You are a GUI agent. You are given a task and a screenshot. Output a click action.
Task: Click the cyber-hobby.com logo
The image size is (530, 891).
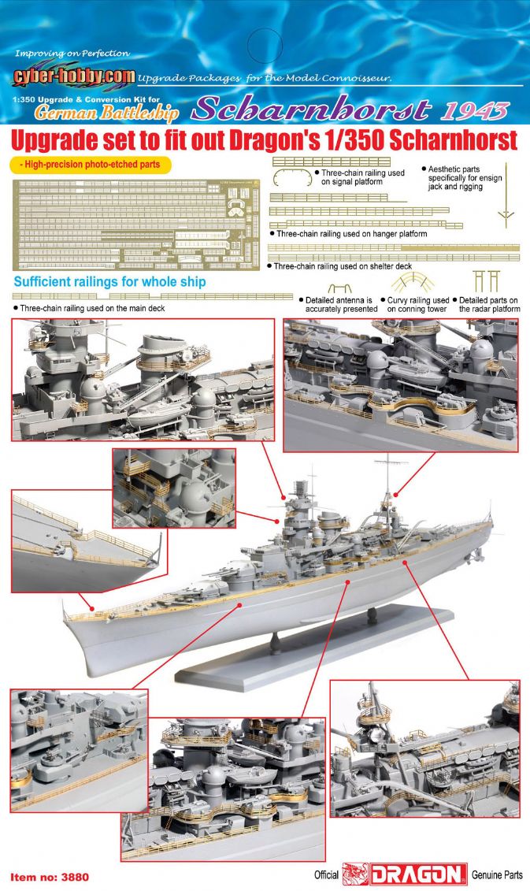click(74, 76)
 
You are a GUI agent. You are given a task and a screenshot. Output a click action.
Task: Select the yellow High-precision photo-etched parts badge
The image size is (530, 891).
click(91, 165)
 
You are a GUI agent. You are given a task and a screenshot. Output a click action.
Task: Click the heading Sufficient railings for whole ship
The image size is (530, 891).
click(109, 282)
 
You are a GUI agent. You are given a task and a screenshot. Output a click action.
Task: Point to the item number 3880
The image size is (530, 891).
click(50, 878)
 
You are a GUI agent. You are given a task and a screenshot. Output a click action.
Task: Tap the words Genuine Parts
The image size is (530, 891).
click(497, 875)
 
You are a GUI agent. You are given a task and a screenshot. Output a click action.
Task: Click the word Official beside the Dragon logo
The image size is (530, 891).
click(327, 875)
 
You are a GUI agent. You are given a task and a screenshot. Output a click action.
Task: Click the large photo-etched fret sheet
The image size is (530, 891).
click(135, 225)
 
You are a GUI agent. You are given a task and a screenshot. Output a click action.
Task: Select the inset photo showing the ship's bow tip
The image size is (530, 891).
click(89, 541)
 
